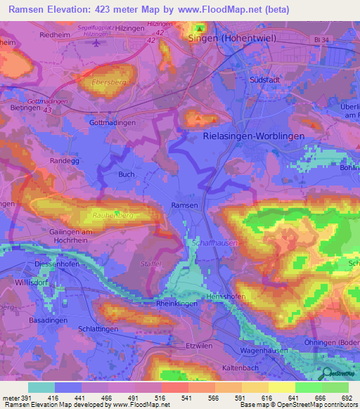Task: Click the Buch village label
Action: pos(126,174)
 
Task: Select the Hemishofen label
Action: pos(226,297)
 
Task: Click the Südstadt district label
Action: pos(266,80)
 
